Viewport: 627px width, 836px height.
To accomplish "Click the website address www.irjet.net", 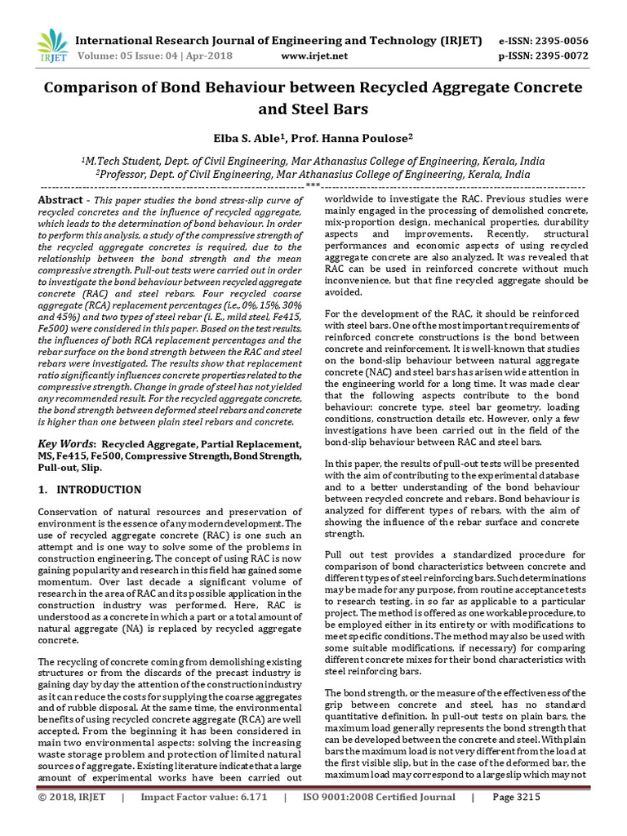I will click(313, 56).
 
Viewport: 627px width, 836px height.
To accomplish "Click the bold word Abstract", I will click(61, 201).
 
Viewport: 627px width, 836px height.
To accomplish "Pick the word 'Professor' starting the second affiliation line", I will click(125, 175).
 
